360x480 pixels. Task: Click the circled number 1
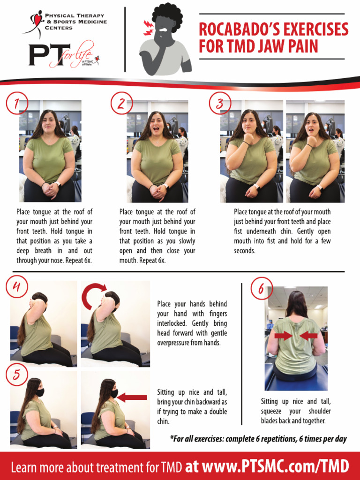(17, 103)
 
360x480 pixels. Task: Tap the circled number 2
(121, 103)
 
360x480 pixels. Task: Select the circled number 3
(220, 103)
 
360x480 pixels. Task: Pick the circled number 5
(17, 374)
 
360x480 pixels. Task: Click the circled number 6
(262, 288)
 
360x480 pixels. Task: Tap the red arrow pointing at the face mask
(132, 397)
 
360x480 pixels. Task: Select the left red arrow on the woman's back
(284, 336)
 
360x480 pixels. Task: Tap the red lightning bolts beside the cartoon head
(149, 27)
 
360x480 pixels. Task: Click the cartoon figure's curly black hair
(167, 15)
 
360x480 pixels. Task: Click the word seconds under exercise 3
(244, 250)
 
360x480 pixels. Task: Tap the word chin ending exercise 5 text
(163, 421)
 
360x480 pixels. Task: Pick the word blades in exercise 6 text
(270, 420)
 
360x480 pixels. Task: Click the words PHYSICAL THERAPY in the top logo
(75, 15)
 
